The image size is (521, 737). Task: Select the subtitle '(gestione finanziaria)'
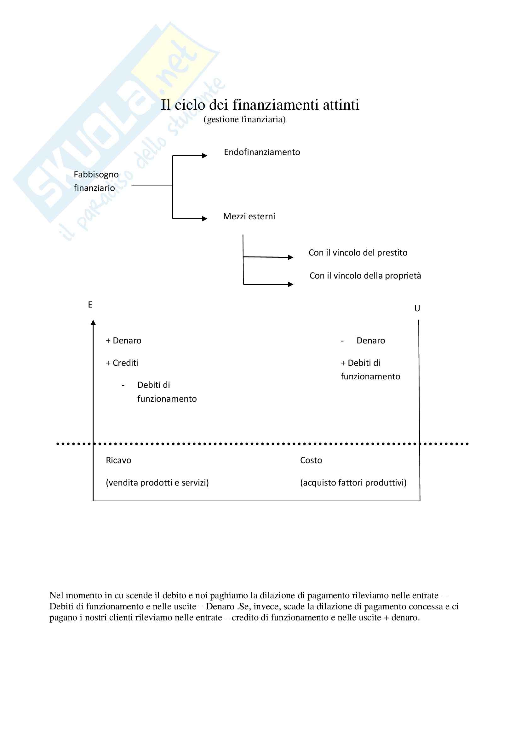[244, 119]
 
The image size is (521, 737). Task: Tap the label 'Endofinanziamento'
[262, 152]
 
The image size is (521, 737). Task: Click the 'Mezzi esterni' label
[249, 216]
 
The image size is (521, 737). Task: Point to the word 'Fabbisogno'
[96, 175]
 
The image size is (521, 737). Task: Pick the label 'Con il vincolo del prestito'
[358, 253]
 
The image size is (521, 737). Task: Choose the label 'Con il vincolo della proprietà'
[365, 275]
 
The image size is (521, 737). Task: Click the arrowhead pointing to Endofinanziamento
[205, 156]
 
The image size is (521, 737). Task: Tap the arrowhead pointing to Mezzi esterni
[205, 219]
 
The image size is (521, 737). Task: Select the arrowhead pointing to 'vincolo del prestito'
[291, 257]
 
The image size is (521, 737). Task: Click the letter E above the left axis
[90, 305]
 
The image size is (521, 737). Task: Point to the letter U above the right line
[417, 308]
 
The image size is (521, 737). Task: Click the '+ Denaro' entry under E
[123, 341]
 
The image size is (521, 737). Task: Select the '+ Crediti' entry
[122, 363]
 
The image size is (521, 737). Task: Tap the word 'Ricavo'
[118, 460]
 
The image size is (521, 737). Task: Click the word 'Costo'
[311, 460]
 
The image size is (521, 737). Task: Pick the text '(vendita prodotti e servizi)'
[157, 482]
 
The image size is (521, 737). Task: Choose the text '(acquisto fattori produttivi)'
[353, 482]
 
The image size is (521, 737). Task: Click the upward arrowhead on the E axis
[93, 323]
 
